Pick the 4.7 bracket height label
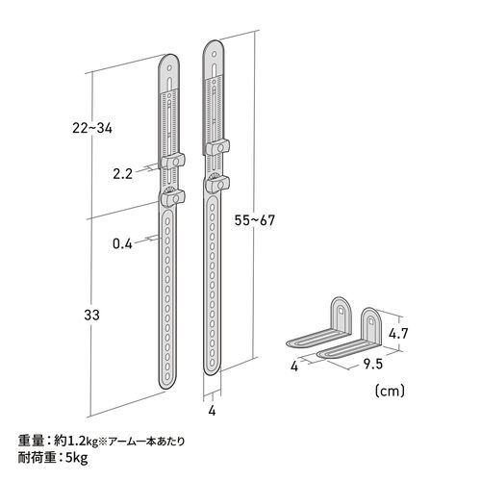[x=402, y=335]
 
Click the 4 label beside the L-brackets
[x=298, y=366]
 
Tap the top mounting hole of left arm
[x=169, y=70]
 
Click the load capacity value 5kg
[x=81, y=458]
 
